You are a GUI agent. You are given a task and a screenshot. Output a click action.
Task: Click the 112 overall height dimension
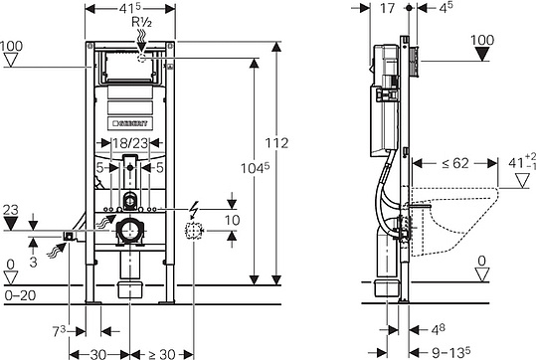click(276, 143)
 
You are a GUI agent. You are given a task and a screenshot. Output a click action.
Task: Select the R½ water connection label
click(141, 22)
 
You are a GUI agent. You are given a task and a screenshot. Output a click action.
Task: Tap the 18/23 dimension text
click(130, 143)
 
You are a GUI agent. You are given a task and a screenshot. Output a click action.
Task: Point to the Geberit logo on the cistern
click(130, 123)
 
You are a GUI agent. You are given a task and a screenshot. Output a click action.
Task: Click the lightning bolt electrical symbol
click(194, 210)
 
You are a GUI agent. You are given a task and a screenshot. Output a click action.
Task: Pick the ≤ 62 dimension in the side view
click(455, 163)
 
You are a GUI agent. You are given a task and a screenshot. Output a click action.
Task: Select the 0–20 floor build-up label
click(21, 295)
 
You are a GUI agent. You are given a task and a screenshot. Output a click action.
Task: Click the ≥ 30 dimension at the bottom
click(162, 354)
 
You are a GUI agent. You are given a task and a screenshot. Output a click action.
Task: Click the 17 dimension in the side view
click(387, 8)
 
